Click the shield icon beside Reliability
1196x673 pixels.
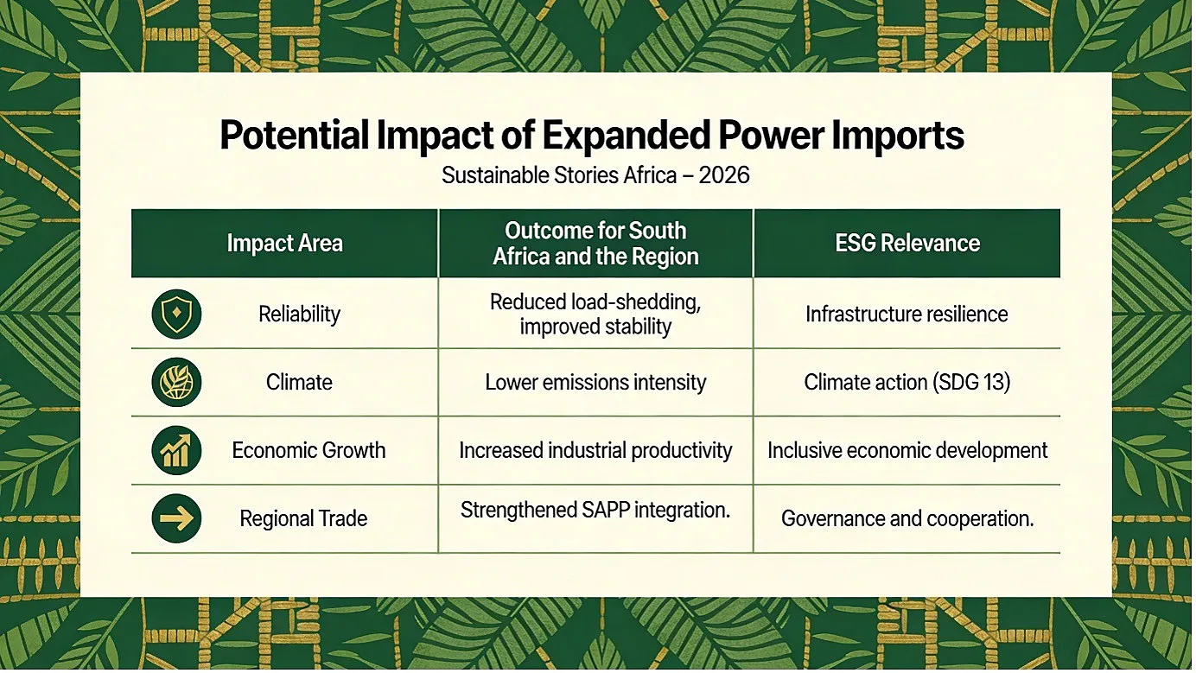tap(176, 314)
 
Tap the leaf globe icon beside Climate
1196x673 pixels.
tap(176, 382)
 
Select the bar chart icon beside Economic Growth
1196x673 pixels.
tap(176, 450)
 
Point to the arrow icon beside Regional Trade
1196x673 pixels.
tap(176, 518)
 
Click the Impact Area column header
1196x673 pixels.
tap(284, 244)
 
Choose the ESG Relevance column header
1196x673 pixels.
tap(907, 244)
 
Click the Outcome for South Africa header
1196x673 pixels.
tap(595, 244)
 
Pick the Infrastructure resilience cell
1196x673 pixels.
tap(907, 314)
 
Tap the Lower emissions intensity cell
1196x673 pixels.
tap(595, 382)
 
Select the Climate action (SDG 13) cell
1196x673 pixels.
tap(907, 382)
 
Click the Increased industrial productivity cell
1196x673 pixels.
tap(595, 450)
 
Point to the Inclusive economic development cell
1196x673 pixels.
tap(907, 450)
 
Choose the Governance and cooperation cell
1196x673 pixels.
tap(907, 518)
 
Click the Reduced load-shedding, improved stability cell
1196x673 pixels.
tap(595, 314)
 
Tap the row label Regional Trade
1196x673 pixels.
tap(303, 518)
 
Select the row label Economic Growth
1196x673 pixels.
tap(309, 450)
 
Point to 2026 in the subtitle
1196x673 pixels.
tap(723, 175)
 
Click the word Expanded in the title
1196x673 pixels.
tap(627, 136)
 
